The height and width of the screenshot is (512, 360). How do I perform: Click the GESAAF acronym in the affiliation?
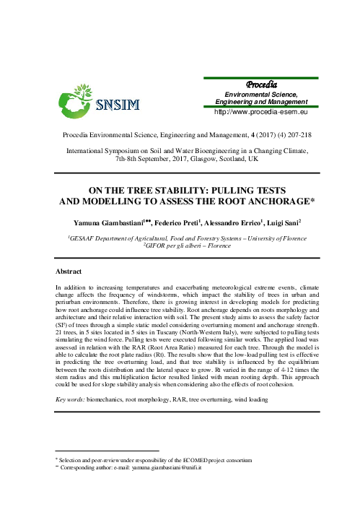[87, 238]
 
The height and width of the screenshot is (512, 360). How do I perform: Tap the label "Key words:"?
[71, 399]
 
